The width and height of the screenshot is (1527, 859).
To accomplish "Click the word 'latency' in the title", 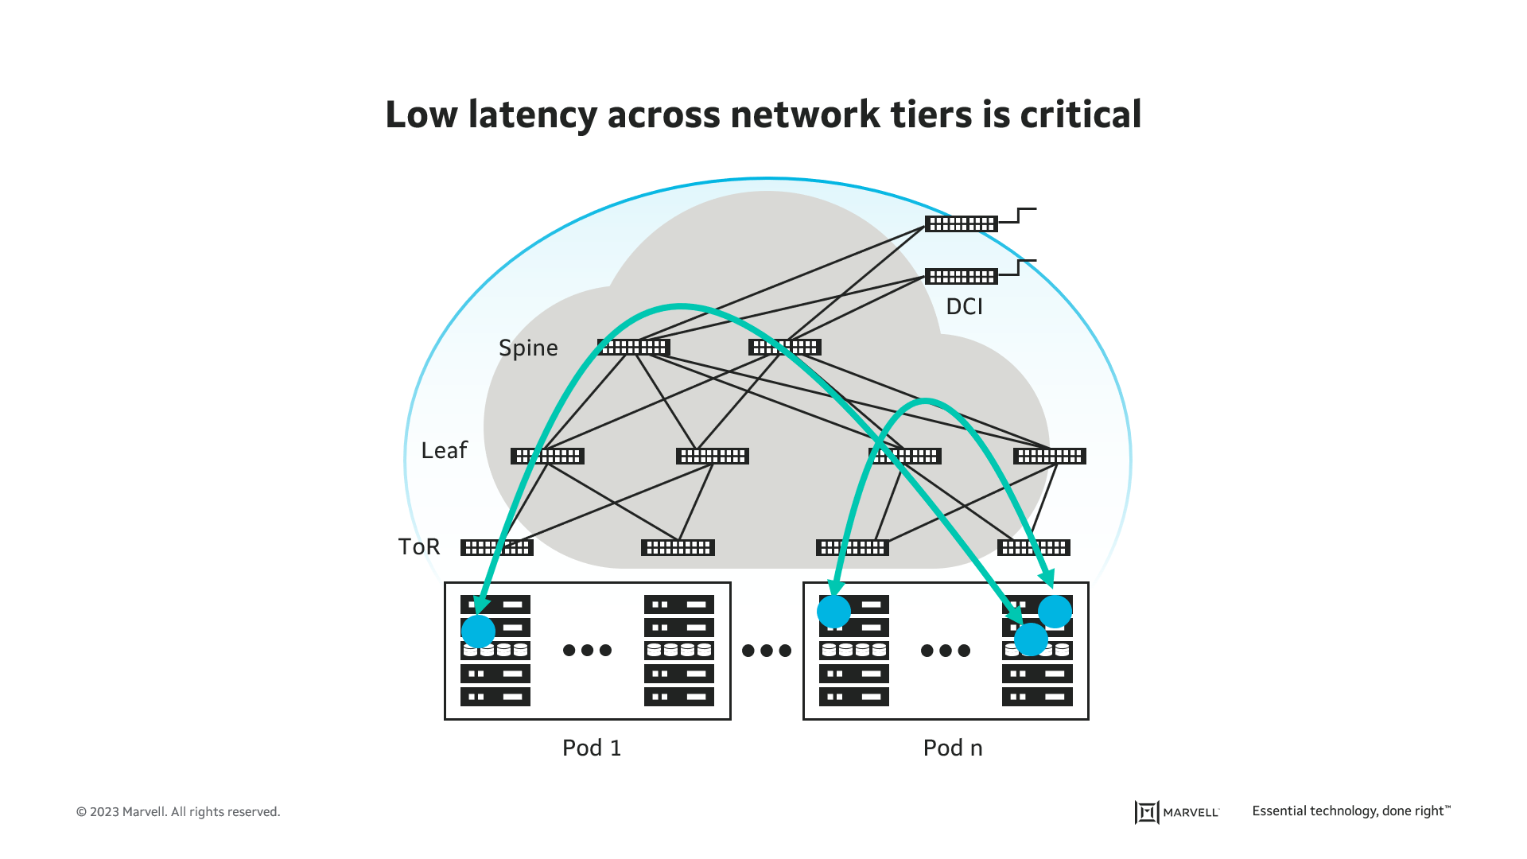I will click(532, 115).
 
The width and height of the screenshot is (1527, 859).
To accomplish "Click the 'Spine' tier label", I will click(528, 348).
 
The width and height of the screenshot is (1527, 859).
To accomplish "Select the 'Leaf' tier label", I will click(444, 451).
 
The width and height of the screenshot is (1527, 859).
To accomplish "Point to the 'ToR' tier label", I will click(419, 547).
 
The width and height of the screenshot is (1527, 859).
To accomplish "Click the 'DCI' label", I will click(964, 307).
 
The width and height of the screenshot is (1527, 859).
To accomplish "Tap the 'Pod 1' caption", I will click(591, 748).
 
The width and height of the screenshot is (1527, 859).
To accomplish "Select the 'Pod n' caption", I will click(952, 748).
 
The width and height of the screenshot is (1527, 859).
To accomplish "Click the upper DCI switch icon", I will click(961, 224).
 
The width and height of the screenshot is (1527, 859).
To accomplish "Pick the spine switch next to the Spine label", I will click(634, 348).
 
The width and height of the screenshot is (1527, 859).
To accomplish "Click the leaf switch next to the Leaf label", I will click(547, 457).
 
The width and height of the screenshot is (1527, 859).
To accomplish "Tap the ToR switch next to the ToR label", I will click(497, 548).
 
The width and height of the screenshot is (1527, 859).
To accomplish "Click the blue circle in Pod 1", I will click(478, 632).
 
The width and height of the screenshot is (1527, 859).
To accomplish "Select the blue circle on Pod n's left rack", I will click(833, 612).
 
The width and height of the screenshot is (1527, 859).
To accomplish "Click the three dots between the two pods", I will click(767, 651).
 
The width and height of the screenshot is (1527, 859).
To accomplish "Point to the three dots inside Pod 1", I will click(587, 651).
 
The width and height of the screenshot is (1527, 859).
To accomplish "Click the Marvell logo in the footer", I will click(1176, 812).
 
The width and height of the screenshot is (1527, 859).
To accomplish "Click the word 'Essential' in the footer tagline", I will click(1279, 811).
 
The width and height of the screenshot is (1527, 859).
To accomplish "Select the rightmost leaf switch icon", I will click(1049, 457).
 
